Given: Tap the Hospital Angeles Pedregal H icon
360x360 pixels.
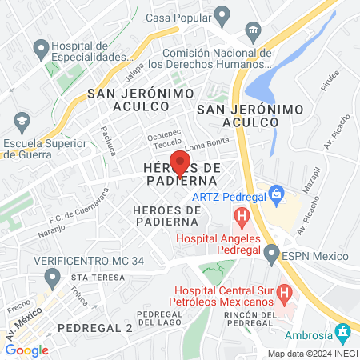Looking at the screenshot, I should tap(240, 215).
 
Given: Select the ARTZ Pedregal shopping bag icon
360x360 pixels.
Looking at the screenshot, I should tap(277, 193).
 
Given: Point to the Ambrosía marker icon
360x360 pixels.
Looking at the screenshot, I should tap(343, 330).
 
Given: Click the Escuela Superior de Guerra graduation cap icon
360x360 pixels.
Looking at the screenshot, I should tap(22, 122).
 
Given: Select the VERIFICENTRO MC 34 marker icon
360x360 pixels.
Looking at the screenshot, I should tap(53, 277).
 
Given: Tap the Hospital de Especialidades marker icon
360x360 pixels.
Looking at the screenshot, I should tap(38, 50).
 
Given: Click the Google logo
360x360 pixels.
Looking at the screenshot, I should tap(26, 350).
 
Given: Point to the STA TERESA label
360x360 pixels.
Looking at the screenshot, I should tap(98, 278).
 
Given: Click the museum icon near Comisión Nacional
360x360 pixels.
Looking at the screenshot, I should tap(254, 31).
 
